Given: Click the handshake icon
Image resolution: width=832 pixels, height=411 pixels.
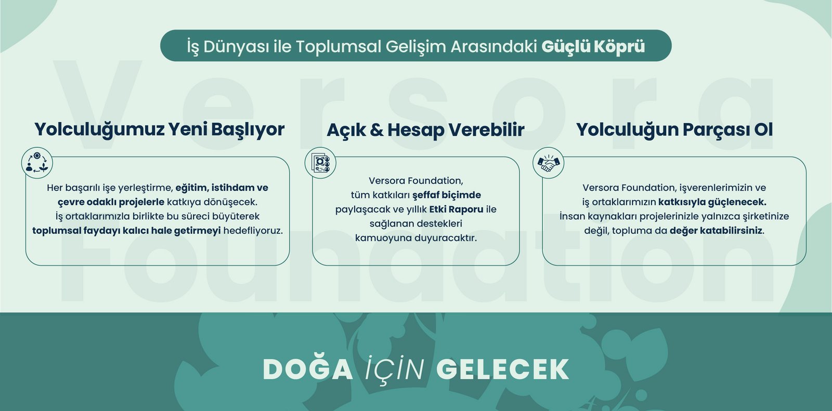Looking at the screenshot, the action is tap(548, 163).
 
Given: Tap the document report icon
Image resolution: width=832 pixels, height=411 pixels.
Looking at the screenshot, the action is tap(320, 163).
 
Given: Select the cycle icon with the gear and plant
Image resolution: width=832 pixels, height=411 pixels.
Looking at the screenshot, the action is tap(37, 163).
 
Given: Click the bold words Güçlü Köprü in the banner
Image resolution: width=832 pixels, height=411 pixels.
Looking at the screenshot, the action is tap(593, 46).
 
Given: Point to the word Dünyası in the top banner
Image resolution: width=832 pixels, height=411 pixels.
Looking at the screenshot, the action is tap(236, 47).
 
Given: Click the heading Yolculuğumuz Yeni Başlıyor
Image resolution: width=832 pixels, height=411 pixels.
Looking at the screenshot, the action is tap(159, 129).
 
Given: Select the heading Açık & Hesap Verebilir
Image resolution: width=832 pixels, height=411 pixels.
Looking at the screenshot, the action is tap(425, 130).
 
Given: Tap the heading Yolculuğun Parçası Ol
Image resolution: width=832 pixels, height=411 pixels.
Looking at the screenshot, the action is tap(674, 130).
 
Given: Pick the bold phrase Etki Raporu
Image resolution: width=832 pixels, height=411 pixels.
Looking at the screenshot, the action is tap(456, 209).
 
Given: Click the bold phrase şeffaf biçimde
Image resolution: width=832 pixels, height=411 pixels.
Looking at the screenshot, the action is tap(447, 195).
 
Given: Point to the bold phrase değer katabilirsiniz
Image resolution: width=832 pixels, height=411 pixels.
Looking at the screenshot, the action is tap(716, 231).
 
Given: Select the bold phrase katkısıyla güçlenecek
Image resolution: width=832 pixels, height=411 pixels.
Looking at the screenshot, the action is tap(712, 202).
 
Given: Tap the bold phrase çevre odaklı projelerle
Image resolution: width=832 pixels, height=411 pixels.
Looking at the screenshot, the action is tap(111, 202).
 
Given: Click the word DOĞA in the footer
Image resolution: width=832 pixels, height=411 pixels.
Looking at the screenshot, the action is tap(307, 369).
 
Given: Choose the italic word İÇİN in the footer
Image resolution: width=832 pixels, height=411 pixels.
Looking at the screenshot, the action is tap(395, 369).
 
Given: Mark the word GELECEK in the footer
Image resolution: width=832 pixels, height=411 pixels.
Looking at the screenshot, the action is tap(502, 369).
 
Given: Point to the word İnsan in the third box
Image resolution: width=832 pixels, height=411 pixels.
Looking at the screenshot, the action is tap(573, 217).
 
